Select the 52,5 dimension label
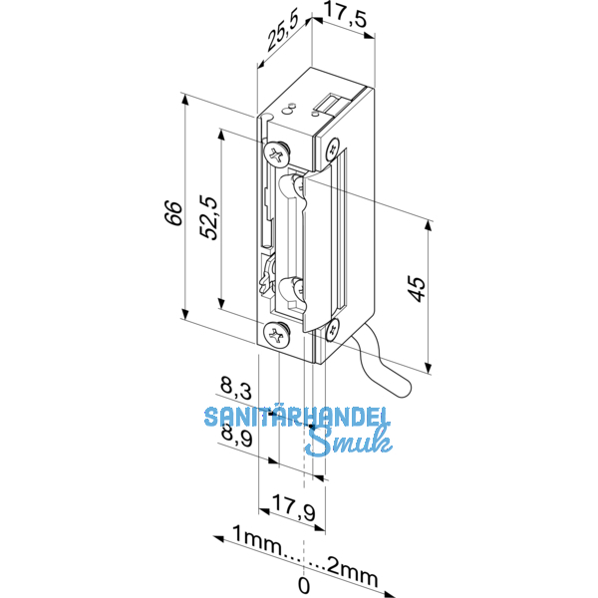click(x=210, y=217)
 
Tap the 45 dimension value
click(x=418, y=288)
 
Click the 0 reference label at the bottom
click(x=304, y=584)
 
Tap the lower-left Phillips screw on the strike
click(x=276, y=334)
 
